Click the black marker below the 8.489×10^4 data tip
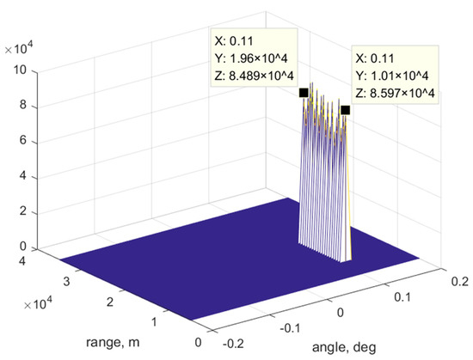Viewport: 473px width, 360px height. coord(303,93)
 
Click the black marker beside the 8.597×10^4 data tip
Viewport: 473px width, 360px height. coord(345,110)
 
